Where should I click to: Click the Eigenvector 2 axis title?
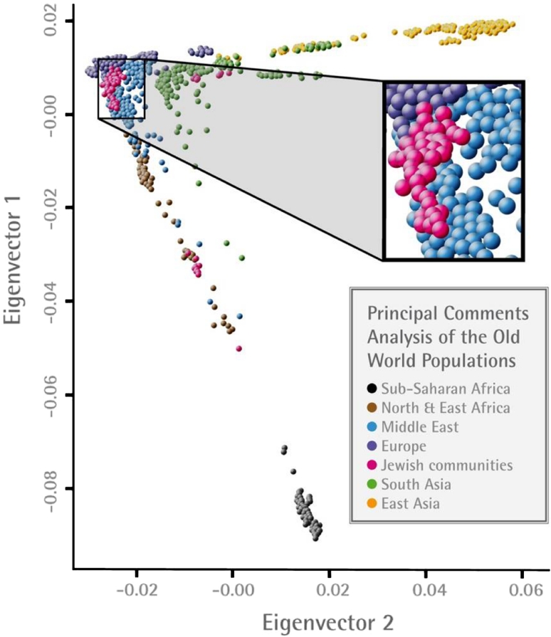point(327,622)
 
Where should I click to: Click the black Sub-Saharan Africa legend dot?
point(372,389)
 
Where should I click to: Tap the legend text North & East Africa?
point(446,408)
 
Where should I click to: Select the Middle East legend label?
point(420,427)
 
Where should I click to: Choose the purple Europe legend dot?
point(372,446)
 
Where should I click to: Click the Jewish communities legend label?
point(446,465)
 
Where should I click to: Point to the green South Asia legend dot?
point(372,484)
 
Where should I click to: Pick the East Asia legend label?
point(411,503)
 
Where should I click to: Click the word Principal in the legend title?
point(403,315)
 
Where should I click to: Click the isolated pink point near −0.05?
point(239,349)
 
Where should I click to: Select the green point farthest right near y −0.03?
point(242,258)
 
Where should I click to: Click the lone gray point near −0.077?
point(293,472)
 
